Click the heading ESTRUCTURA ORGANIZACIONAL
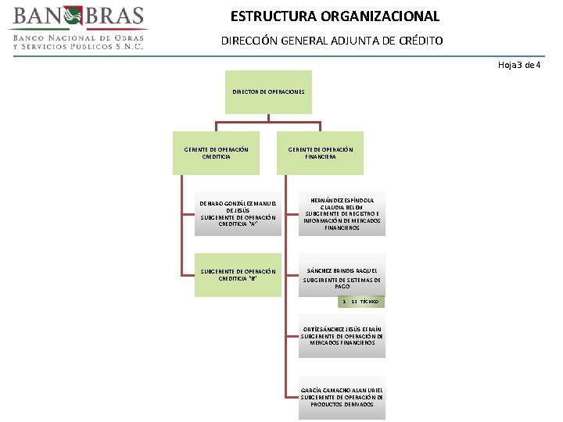coord(335,16)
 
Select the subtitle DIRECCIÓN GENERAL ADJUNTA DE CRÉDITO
coord(332,40)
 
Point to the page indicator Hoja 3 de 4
coord(519,64)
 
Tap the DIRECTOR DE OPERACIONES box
coord(268,92)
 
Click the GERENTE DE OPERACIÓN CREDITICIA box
coord(217,152)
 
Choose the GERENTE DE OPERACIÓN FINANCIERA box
coord(321,152)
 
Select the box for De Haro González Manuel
coord(238,213)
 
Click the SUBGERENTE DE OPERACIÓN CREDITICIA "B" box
coord(238,275)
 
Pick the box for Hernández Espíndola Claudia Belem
coord(342,212)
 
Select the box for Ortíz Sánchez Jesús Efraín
coord(342,336)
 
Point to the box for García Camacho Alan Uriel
coord(342,397)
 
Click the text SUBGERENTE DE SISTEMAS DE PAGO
coord(342,283)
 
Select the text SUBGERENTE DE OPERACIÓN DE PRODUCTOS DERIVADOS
coord(342,401)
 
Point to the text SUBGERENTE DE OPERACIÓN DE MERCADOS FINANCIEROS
coord(342,339)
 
